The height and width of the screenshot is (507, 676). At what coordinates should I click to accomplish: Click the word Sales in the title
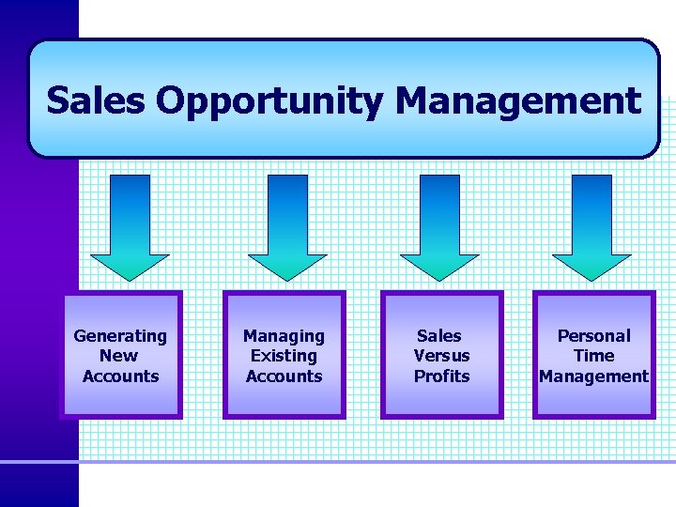point(96,100)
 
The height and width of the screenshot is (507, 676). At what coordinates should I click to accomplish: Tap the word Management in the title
point(517,100)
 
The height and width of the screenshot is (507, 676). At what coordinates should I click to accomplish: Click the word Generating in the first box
point(120,336)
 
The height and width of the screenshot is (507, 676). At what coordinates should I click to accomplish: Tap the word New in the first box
point(119,356)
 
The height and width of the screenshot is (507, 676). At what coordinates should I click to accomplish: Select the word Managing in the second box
point(284,336)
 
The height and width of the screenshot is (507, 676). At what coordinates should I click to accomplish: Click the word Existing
point(284,356)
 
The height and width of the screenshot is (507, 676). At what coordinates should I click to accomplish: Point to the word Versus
point(441,356)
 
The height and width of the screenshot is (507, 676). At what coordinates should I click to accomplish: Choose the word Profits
point(441,376)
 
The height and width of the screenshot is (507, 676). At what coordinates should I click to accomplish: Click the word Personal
point(593,336)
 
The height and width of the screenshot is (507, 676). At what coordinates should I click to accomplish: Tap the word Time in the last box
point(593,356)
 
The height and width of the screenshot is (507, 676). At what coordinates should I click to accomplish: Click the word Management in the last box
point(593,376)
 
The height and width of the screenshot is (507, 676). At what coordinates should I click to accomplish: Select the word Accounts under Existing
point(284,376)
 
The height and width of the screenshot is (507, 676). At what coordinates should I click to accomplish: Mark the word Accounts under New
point(120,376)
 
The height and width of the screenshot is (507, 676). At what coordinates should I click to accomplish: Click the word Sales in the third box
point(439,336)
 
